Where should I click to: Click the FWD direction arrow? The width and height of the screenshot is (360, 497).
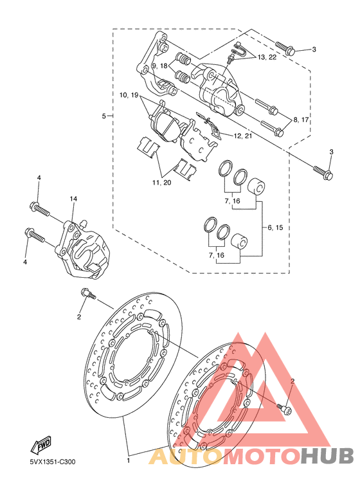[x=41, y=446]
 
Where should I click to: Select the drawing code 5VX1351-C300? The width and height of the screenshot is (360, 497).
[x=53, y=462]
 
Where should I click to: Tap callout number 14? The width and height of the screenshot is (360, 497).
[x=73, y=199]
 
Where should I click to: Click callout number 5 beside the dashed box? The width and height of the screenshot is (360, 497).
[x=104, y=116]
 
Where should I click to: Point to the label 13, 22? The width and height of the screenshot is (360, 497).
[x=267, y=57]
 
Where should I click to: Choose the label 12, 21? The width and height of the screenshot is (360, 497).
[x=243, y=136]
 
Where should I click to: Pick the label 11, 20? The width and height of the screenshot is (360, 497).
[x=161, y=183]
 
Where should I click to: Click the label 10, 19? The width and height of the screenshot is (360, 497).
[x=129, y=95]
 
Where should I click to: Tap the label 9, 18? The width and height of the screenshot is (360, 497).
[x=159, y=66]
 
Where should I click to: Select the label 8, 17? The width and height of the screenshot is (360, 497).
[x=301, y=120]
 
